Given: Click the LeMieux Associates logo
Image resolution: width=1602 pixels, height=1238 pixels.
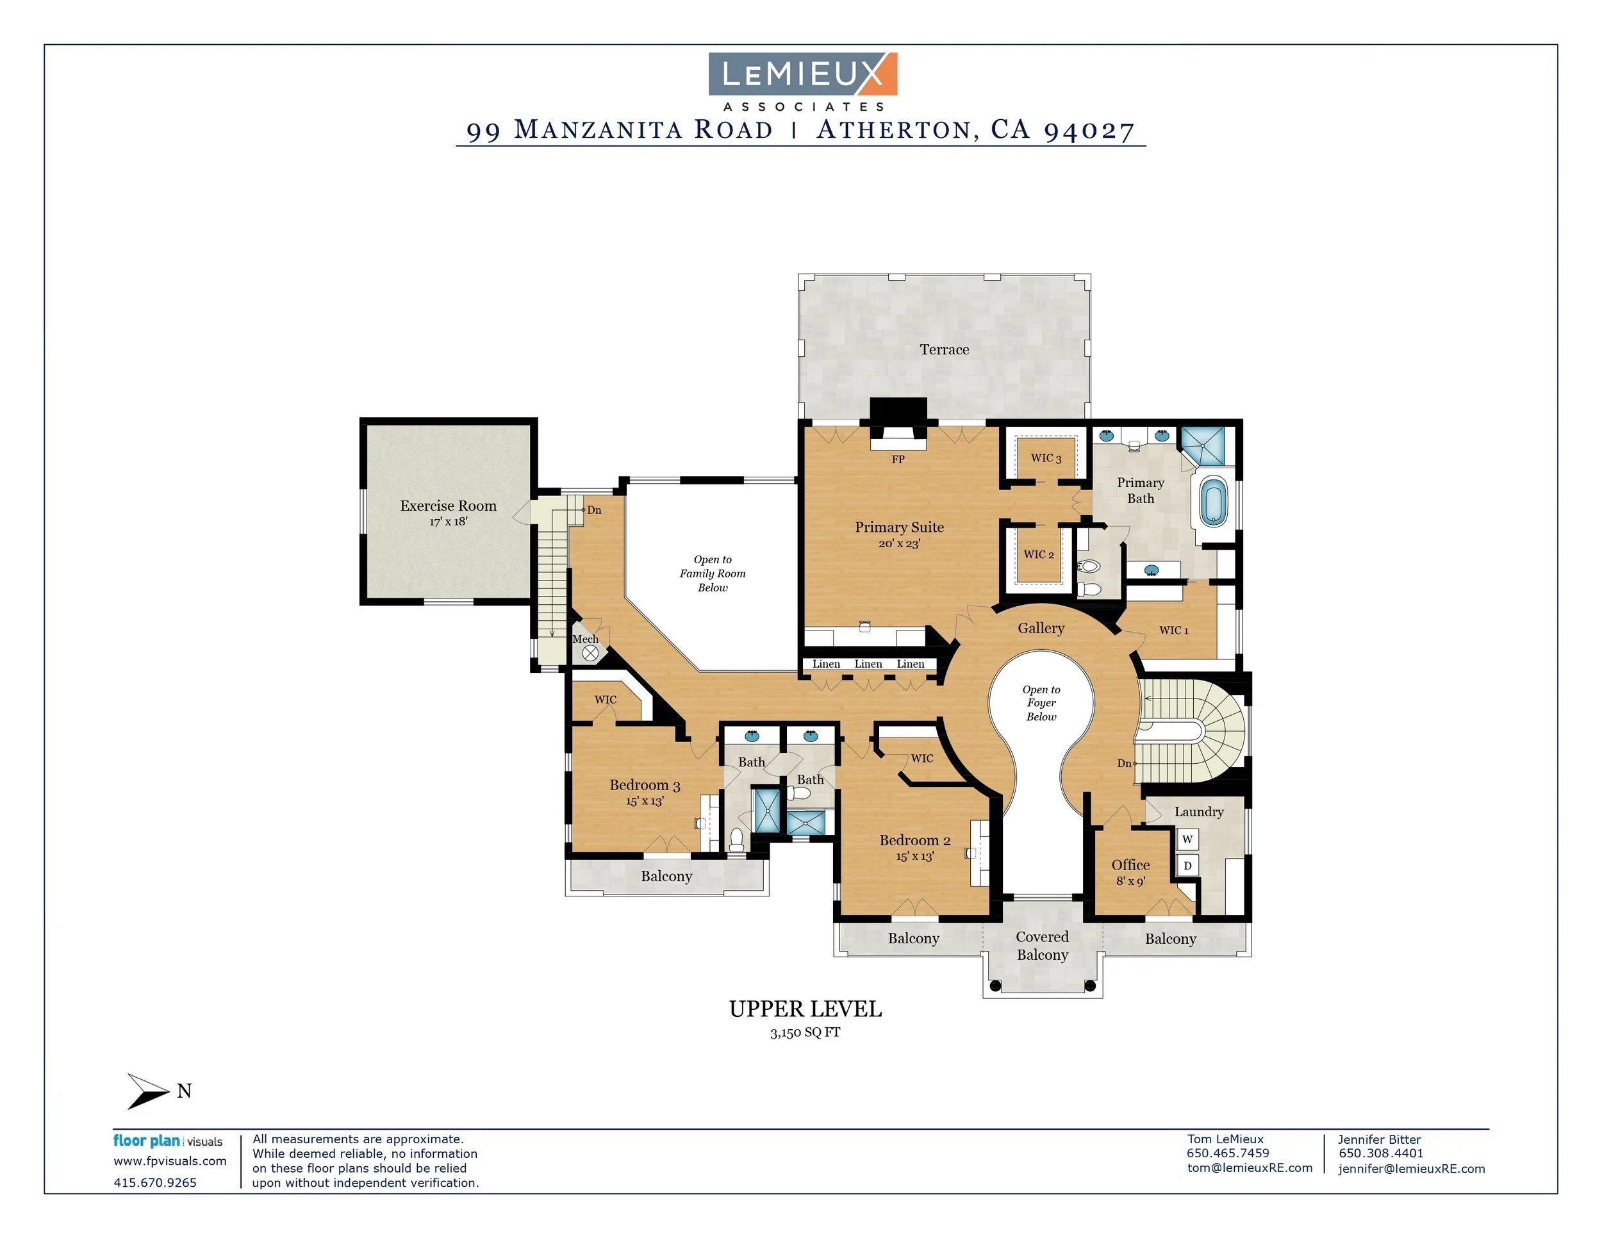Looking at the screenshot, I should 802,80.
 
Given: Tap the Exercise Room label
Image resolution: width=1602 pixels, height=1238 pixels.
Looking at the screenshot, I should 448,506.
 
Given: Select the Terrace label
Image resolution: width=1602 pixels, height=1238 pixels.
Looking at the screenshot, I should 944,350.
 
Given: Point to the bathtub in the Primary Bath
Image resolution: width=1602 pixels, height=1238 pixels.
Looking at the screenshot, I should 1213,502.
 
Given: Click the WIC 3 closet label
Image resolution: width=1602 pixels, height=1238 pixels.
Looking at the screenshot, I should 1045,458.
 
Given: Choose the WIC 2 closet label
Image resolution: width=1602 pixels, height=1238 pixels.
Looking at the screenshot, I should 1039,554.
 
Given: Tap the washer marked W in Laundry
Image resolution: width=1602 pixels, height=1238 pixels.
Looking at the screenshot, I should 1187,839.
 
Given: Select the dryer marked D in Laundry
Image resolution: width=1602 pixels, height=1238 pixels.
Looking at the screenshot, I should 1187,866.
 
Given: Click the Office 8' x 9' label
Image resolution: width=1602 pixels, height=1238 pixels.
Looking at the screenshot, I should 1130,873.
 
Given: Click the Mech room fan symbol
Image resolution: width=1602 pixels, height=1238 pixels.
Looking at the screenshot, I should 590,653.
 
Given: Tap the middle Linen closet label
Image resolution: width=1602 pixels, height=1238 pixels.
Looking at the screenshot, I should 868,664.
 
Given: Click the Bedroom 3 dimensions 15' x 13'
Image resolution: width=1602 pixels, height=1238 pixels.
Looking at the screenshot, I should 644,802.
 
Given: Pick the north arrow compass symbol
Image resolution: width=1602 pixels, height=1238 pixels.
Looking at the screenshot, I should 149,1091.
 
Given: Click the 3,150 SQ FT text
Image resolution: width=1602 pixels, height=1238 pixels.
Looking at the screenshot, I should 805,1033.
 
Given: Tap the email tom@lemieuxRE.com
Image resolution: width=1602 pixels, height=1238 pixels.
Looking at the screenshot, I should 1249,1168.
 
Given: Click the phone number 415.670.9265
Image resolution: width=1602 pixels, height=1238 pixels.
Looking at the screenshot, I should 155,1182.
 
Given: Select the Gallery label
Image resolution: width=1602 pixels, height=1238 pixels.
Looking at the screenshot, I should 1040,628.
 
